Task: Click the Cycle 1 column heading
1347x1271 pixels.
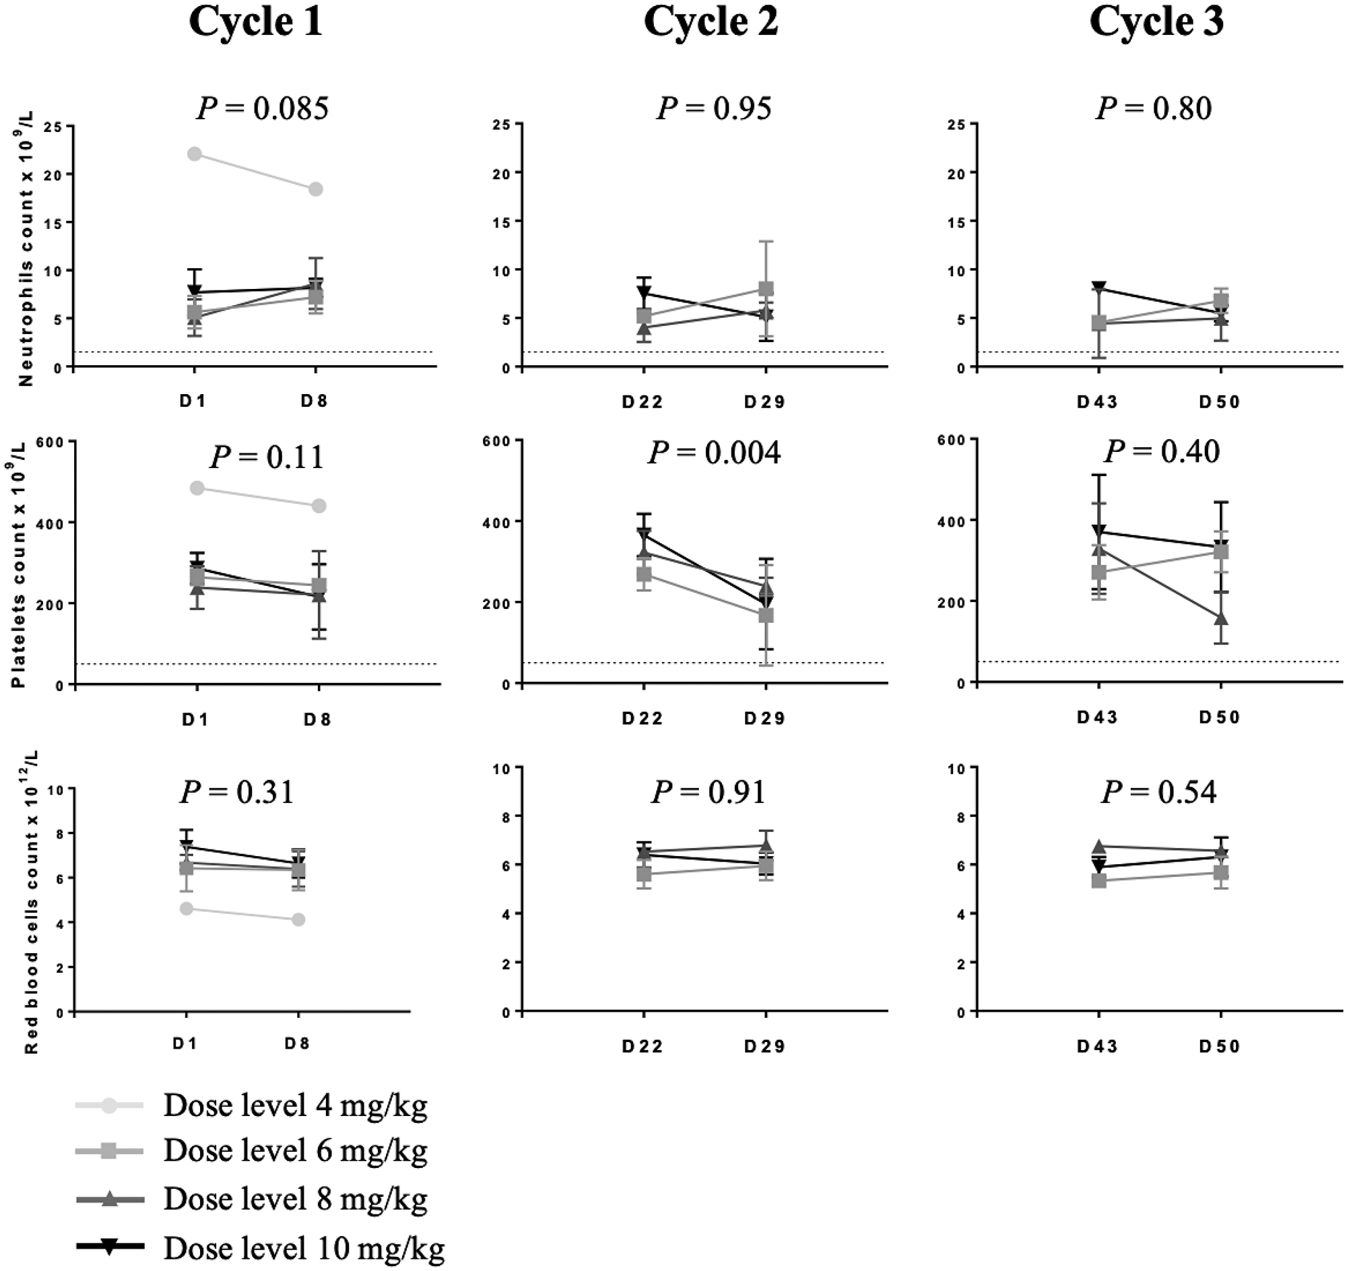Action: (x=255, y=22)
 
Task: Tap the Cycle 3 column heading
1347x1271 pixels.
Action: (x=1156, y=22)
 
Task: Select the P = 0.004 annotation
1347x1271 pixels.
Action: (x=713, y=453)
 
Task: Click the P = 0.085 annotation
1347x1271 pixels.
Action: (x=262, y=108)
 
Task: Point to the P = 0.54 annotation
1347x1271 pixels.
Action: (x=1158, y=792)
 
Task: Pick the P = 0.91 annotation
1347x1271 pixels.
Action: (x=708, y=792)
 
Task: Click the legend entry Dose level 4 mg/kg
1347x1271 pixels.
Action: (x=296, y=1107)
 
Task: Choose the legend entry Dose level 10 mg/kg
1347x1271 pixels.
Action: (x=304, y=1247)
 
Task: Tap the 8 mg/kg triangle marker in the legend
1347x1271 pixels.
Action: (x=110, y=1200)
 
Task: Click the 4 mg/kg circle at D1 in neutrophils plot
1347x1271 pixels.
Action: (x=195, y=154)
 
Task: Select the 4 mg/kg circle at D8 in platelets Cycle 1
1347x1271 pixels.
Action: (x=319, y=506)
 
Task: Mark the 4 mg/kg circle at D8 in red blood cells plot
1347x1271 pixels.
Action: (x=298, y=919)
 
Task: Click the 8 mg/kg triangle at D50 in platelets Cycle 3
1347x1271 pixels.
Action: (x=1221, y=618)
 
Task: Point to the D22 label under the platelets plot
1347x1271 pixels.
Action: (x=643, y=718)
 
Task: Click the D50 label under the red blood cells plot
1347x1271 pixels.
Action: (x=1219, y=1047)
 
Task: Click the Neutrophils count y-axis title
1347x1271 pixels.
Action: (x=26, y=247)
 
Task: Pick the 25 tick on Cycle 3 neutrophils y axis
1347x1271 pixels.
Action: (x=957, y=125)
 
